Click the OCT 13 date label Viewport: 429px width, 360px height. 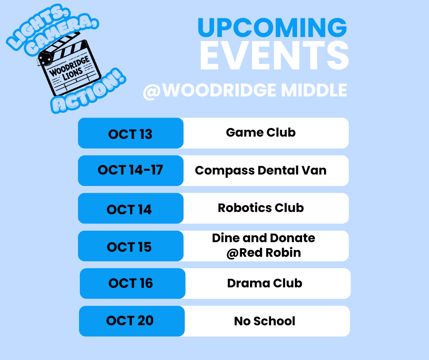coord(130,134)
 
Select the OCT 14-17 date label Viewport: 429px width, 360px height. coord(130,170)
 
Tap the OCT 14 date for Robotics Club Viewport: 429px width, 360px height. coord(129,209)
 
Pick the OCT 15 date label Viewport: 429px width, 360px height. coord(129,247)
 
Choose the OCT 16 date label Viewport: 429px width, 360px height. coord(131,283)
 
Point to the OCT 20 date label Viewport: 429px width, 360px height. coord(130,321)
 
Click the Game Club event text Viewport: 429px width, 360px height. coord(261,132)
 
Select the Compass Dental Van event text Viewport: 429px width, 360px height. coord(261,170)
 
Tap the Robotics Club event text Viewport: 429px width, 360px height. coord(261,208)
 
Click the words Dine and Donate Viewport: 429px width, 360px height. coord(263,238)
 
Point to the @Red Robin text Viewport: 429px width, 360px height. coord(263,253)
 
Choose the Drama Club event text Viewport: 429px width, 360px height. coord(264,283)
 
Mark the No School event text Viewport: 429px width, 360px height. coord(264,321)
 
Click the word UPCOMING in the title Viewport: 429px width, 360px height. coord(272,28)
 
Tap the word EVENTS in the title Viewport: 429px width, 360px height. coord(274,56)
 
